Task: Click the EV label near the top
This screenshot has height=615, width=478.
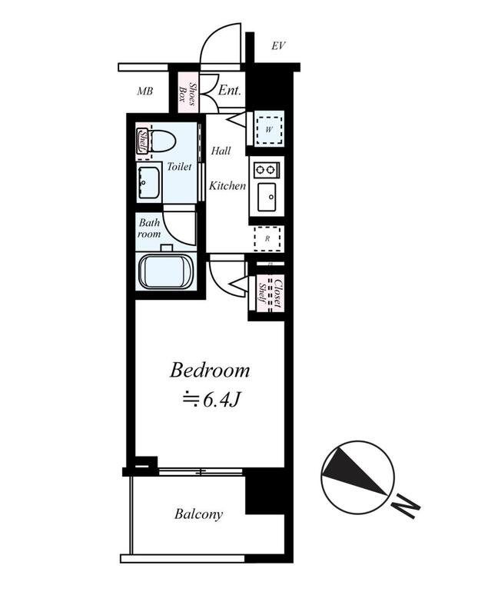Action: (x=278, y=46)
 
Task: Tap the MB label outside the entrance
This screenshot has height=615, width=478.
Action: (x=144, y=91)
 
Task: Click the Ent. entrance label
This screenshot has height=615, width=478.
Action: (x=229, y=90)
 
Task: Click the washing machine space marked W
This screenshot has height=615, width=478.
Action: (x=269, y=129)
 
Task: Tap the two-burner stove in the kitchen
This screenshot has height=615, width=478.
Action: (x=266, y=170)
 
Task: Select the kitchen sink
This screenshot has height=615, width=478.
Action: (x=267, y=197)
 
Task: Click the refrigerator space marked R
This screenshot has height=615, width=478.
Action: (x=267, y=238)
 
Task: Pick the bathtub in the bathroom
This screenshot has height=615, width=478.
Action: (x=165, y=272)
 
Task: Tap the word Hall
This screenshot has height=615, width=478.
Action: (x=221, y=150)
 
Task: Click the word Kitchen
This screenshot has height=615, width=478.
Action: (x=227, y=185)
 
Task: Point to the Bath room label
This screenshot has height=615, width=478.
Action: (x=149, y=228)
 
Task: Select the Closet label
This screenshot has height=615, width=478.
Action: (x=277, y=293)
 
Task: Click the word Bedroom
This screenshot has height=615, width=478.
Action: (x=210, y=371)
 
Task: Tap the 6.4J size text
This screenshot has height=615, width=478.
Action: (x=211, y=400)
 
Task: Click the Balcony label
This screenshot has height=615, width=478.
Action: (x=199, y=514)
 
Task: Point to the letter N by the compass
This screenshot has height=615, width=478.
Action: (x=407, y=507)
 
